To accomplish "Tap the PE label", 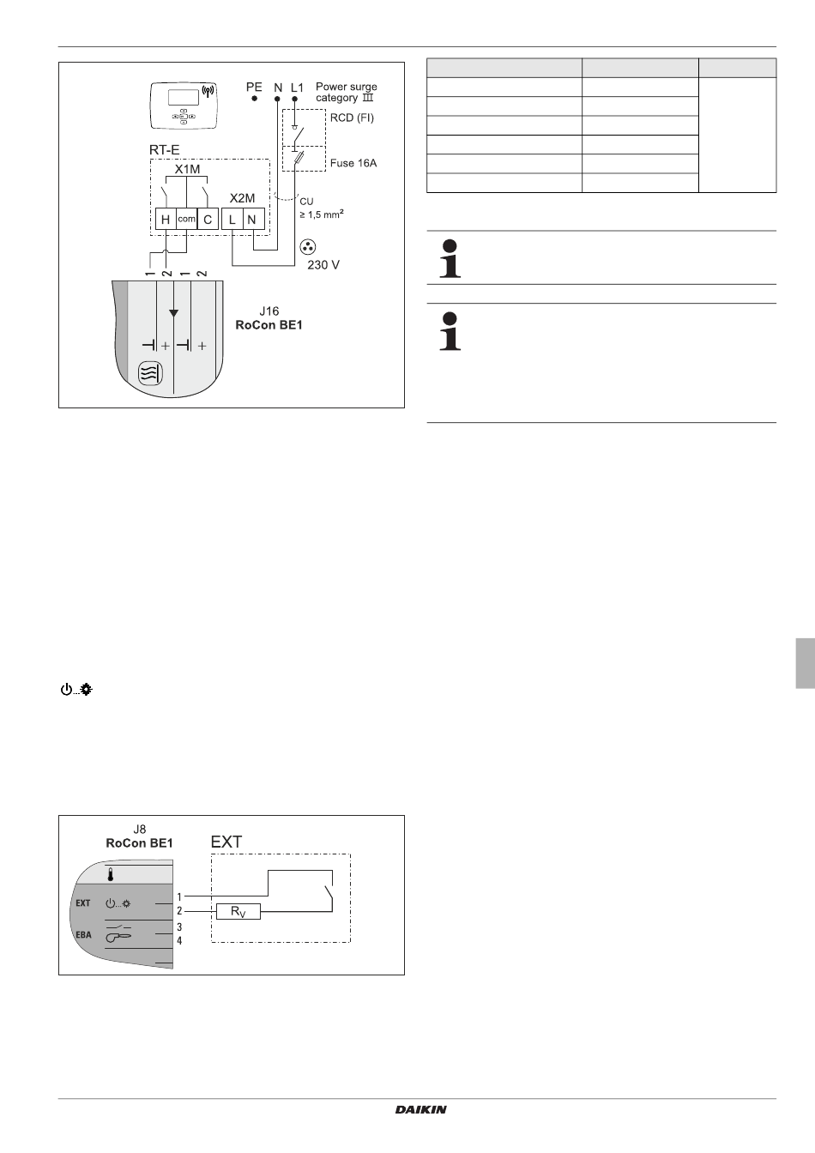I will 254,87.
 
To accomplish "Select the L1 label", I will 297,87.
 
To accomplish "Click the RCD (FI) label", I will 353,117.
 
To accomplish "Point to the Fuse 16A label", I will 353,162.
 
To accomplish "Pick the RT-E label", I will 165,149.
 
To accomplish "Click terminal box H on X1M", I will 166,220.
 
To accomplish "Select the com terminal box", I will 186,220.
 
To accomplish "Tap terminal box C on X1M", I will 208,220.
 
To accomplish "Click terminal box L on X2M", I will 232,220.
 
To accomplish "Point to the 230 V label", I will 323,265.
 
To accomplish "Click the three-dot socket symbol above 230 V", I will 306,247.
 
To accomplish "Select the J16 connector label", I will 269,311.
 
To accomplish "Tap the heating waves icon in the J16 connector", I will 149,374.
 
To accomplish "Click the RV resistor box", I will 238,911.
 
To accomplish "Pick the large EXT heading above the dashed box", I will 226,842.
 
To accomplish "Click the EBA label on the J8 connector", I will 83,934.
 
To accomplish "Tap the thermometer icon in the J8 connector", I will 111,875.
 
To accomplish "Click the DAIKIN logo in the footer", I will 420,1110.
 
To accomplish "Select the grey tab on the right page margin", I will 804,662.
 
